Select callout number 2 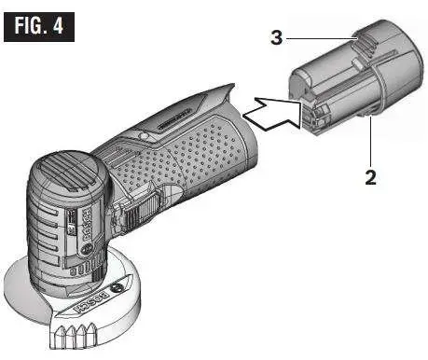pyautogui.click(x=370, y=176)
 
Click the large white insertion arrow pyautogui.click(x=270, y=114)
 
